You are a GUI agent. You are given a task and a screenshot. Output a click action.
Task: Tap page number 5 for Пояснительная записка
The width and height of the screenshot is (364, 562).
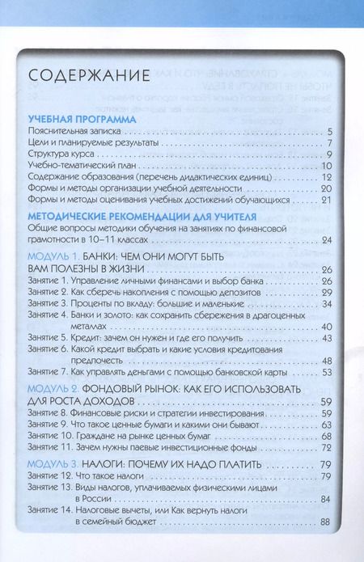(x=332, y=130)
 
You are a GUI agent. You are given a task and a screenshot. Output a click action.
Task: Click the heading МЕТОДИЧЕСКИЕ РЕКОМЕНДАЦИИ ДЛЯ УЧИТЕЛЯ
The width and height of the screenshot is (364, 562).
(x=142, y=217)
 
